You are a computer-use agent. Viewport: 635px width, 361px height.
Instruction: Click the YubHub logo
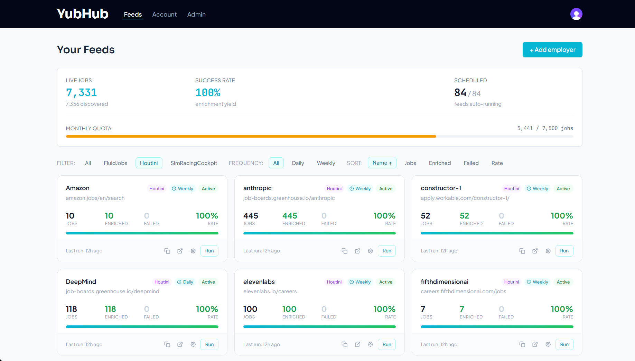[x=83, y=14]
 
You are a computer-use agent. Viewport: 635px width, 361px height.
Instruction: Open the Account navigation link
[x=164, y=15]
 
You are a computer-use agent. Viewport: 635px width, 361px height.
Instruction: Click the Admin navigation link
[x=196, y=15]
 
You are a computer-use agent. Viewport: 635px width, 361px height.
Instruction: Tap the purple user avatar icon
[x=576, y=14]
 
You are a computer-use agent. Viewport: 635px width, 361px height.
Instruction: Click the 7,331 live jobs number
[x=81, y=93]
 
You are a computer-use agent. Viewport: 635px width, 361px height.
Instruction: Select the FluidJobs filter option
[x=115, y=163]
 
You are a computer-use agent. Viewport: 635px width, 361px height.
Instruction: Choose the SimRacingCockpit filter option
[x=194, y=163]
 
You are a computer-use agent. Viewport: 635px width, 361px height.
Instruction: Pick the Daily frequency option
[x=298, y=163]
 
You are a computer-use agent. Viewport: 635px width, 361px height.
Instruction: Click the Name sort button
[x=382, y=163]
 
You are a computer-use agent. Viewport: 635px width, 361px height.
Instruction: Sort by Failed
[x=471, y=163]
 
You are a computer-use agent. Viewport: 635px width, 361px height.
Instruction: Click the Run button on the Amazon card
[x=209, y=251]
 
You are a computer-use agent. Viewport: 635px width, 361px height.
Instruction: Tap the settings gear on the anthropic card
[x=370, y=251]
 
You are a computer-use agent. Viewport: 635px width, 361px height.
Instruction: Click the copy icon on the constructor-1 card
[x=522, y=251]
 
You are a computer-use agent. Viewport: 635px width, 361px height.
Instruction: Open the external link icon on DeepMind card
[x=180, y=344]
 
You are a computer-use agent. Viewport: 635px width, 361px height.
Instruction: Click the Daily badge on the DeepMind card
[x=185, y=282]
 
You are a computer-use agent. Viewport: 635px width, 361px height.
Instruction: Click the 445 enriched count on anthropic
[x=290, y=216]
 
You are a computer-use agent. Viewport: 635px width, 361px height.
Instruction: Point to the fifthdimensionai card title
[x=444, y=282]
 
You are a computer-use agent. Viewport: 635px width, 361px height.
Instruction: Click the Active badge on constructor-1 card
[x=563, y=189]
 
